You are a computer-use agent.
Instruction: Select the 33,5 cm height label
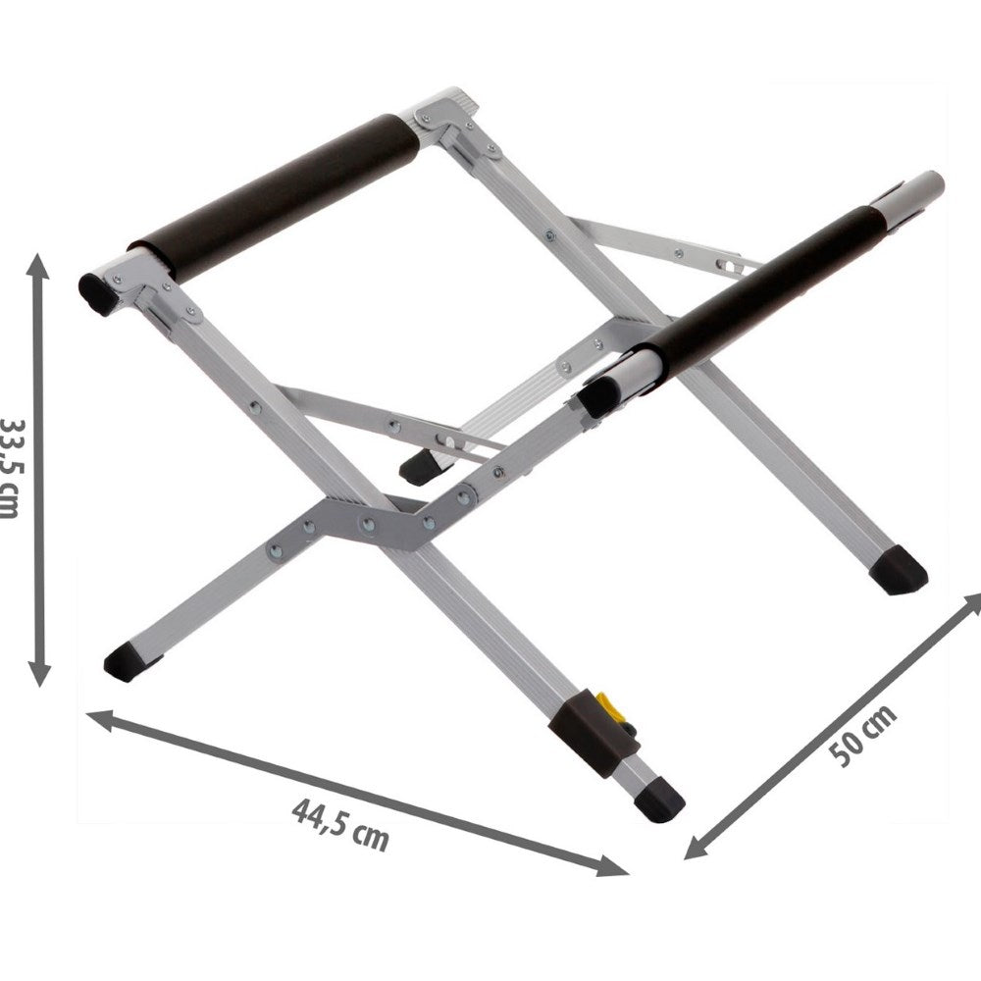pos(10,469)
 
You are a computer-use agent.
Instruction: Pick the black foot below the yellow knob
pos(660,799)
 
